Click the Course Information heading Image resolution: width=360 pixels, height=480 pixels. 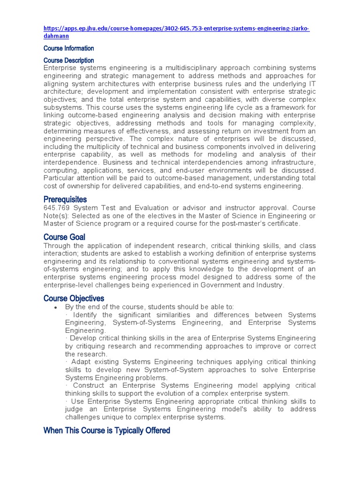(x=68, y=48)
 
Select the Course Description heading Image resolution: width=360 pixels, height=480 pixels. (x=68, y=60)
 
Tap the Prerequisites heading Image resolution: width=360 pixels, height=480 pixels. (x=65, y=200)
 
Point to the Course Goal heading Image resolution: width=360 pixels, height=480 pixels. (x=64, y=237)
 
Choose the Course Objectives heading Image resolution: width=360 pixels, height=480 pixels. (x=74, y=298)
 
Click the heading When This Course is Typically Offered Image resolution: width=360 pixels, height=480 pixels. (x=106, y=430)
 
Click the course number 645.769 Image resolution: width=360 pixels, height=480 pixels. (x=57, y=208)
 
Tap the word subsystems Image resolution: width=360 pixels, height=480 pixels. (x=64, y=108)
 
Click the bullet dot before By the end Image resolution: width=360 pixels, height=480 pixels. (x=56, y=307)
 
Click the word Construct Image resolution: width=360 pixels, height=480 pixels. (x=91, y=385)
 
